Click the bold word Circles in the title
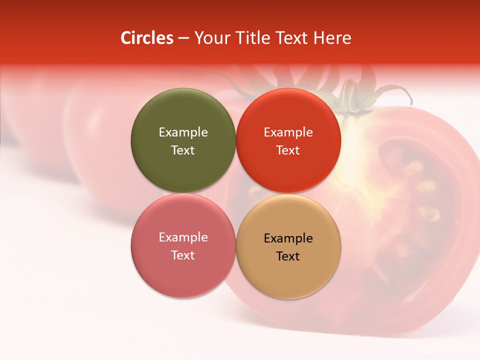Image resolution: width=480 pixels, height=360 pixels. [x=147, y=38]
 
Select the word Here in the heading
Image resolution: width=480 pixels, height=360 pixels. [x=332, y=38]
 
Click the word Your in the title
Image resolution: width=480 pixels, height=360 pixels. [x=210, y=38]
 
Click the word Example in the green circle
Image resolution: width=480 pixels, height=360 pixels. [x=183, y=132]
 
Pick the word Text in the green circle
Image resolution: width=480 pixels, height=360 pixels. [x=183, y=150]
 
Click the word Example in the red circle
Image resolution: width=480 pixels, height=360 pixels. [x=288, y=132]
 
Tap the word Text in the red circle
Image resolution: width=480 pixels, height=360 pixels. [x=288, y=150]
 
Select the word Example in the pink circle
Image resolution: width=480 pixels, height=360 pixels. [x=183, y=237]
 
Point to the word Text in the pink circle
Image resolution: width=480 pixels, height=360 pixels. [x=183, y=255]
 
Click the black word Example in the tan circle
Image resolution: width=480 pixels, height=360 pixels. [x=288, y=238]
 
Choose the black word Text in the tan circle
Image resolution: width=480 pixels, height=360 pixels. [x=288, y=256]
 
